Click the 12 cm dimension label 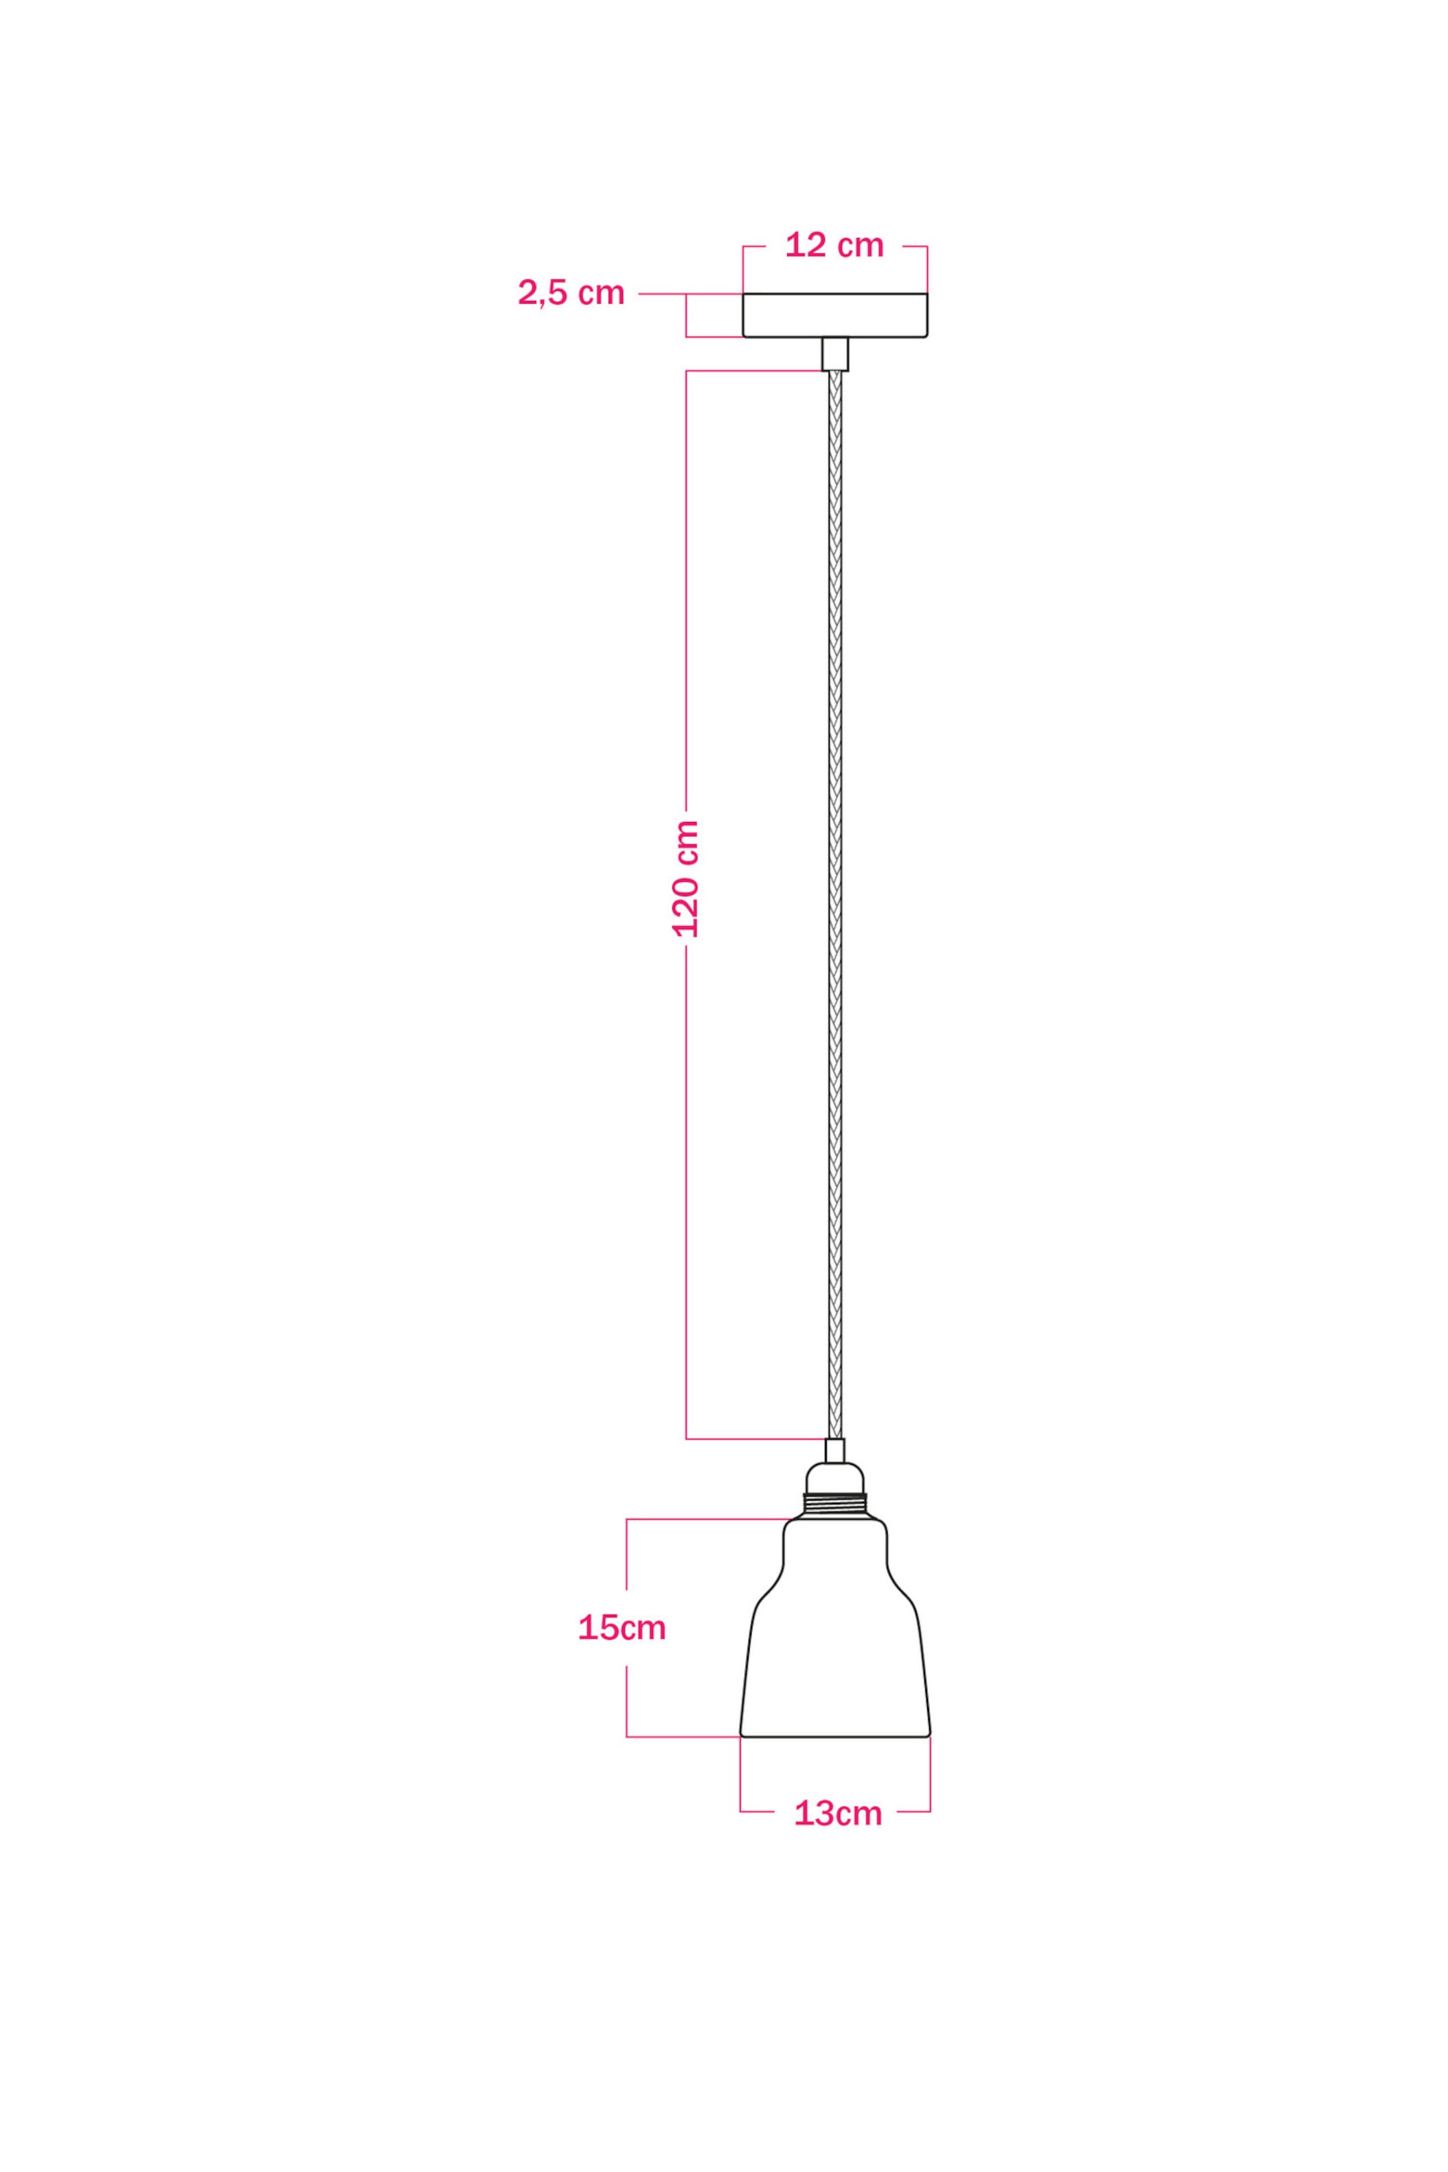click(x=834, y=245)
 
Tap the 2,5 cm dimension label click(x=570, y=293)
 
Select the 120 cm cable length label click(x=686, y=878)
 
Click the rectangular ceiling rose click(x=835, y=315)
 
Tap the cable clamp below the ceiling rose click(x=835, y=354)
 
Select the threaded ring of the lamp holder click(x=835, y=1505)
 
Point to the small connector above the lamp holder click(x=835, y=1451)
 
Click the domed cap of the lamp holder click(x=835, y=1477)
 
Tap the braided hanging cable click(x=835, y=905)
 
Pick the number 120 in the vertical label click(x=686, y=900)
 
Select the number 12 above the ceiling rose click(x=805, y=245)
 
